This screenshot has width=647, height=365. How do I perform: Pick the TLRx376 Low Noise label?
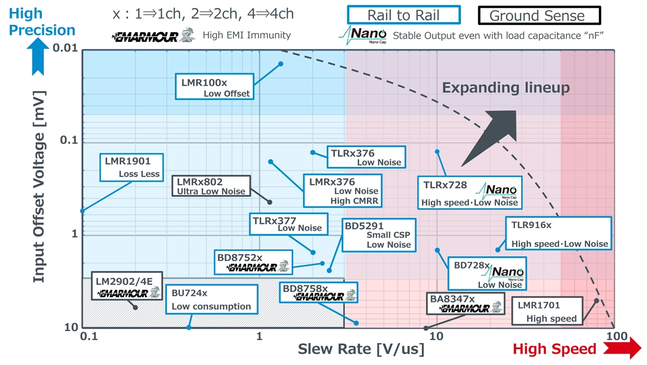[x=366, y=157]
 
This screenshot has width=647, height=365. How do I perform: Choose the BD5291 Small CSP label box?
[x=379, y=235]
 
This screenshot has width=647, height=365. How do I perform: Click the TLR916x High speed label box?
[x=558, y=234]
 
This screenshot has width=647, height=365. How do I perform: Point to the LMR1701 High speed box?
[x=546, y=311]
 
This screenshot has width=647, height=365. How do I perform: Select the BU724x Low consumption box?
[x=212, y=300]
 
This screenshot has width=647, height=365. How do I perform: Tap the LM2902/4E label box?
[x=121, y=287]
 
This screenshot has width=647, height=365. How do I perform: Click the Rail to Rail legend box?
[x=403, y=15]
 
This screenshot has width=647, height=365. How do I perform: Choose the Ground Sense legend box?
[x=539, y=15]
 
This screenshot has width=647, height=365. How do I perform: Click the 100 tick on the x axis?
[x=615, y=337]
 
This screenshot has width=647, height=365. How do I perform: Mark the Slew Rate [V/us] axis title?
[x=361, y=349]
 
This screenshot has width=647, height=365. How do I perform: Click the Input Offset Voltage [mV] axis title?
[x=38, y=187]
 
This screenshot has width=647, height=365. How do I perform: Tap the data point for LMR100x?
[x=281, y=64]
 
